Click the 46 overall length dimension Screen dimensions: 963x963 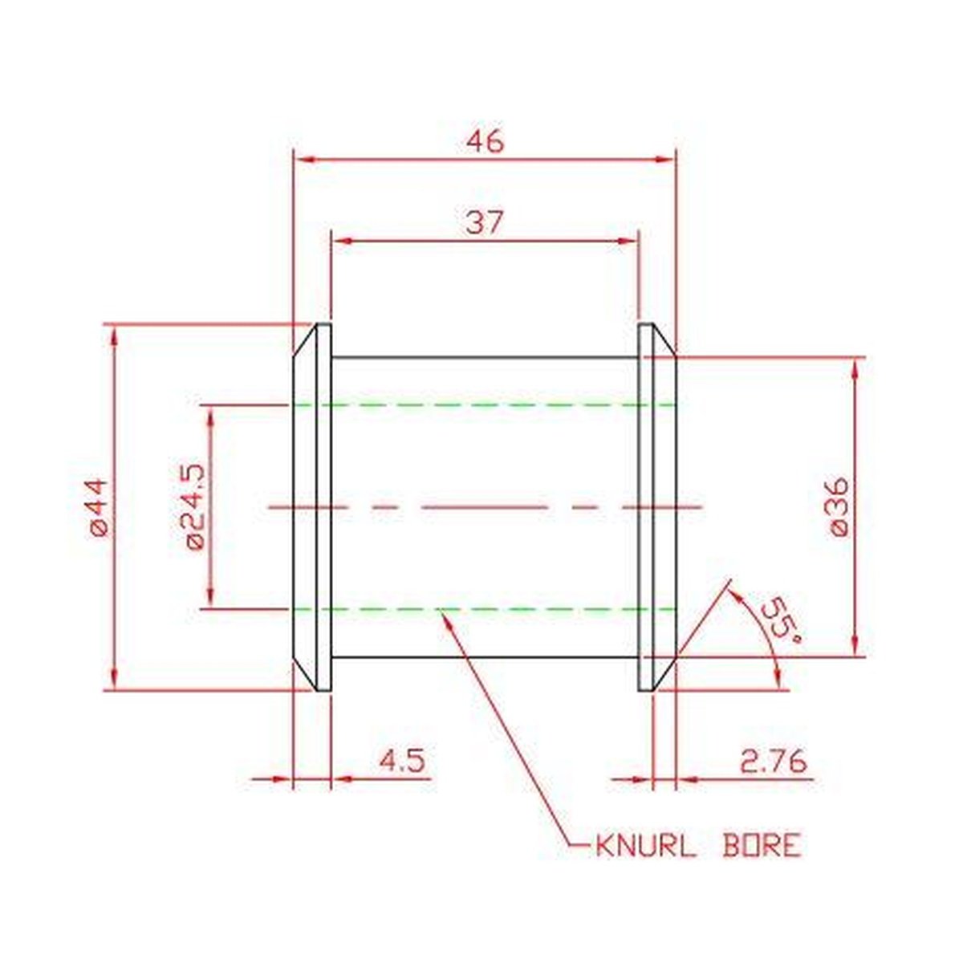[x=485, y=142]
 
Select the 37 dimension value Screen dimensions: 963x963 [x=483, y=223]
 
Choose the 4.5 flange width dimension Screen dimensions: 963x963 [x=402, y=762]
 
